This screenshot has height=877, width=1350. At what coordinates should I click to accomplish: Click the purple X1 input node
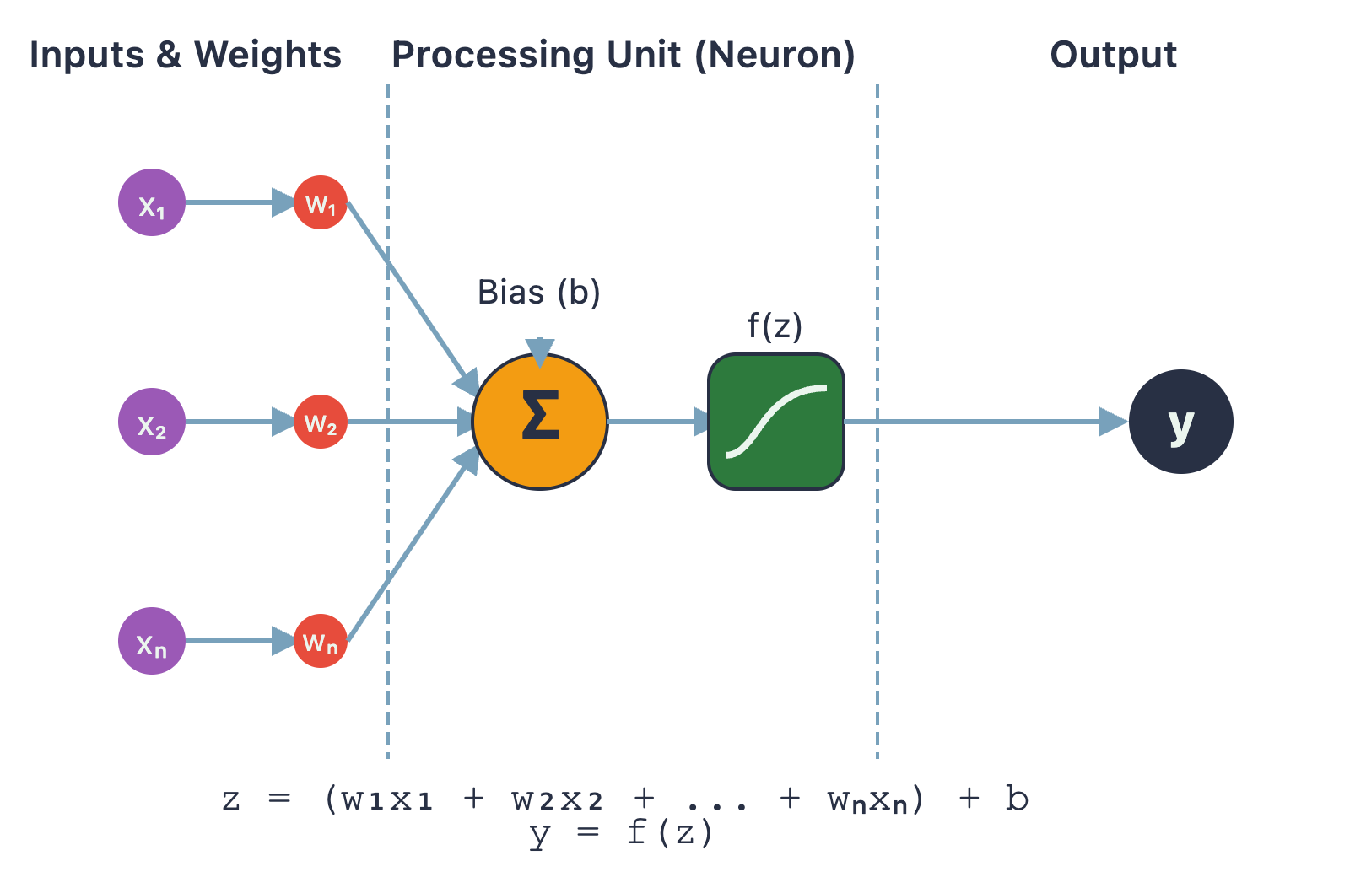pyautogui.click(x=152, y=202)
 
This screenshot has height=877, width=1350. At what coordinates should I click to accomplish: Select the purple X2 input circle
pyautogui.click(x=152, y=422)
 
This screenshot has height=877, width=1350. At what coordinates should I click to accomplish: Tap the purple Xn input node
pyautogui.click(x=152, y=641)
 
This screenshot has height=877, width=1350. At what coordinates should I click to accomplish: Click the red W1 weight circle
pyautogui.click(x=321, y=202)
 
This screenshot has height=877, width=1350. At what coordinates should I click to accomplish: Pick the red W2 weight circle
pyautogui.click(x=321, y=422)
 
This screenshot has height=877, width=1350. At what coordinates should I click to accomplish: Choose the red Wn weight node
pyautogui.click(x=321, y=641)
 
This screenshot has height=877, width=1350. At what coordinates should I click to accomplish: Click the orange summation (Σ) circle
pyautogui.click(x=540, y=422)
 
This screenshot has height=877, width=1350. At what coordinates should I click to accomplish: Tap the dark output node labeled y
pyautogui.click(x=1181, y=422)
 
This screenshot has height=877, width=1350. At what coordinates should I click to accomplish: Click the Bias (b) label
pyautogui.click(x=538, y=293)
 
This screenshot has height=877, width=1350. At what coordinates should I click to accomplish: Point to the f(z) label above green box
pyautogui.click(x=775, y=326)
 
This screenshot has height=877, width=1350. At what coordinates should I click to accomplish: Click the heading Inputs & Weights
pyautogui.click(x=185, y=55)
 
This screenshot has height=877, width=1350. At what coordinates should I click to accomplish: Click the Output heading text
pyautogui.click(x=1113, y=55)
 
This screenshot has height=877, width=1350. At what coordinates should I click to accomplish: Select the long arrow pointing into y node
pyautogui.click(x=987, y=422)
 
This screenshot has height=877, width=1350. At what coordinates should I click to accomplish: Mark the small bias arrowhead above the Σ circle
pyautogui.click(x=540, y=351)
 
